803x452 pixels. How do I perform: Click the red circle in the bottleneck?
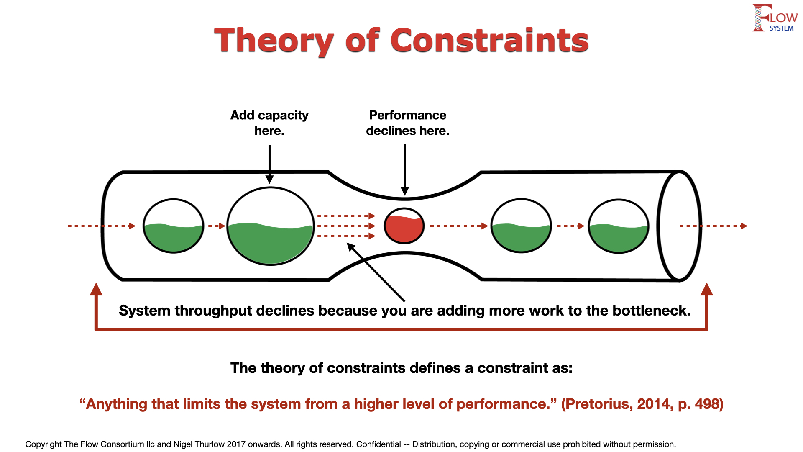404,226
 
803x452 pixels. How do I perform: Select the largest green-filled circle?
270,226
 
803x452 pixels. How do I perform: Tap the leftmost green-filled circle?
173,226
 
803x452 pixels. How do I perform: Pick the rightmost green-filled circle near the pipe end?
619,226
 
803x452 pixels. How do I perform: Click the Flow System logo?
775,18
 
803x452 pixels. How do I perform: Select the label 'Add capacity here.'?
269,123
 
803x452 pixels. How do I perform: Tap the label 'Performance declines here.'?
407,123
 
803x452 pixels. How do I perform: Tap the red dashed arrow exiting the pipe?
713,226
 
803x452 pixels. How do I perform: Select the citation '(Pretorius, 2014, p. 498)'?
642,404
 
